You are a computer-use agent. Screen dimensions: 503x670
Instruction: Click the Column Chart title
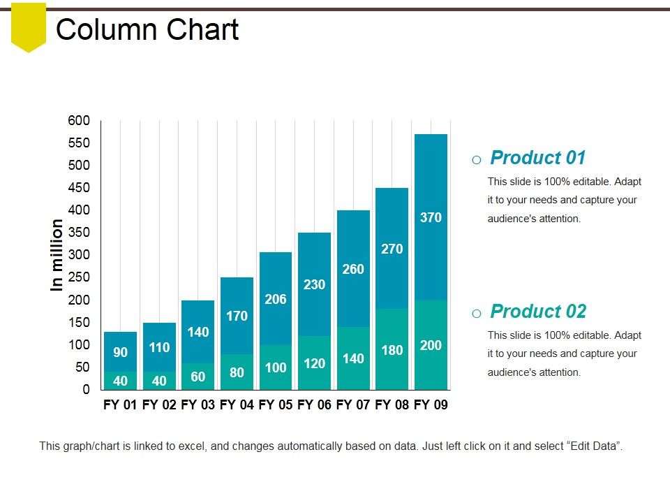[x=147, y=30]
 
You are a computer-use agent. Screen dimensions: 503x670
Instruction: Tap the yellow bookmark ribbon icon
[x=29, y=27]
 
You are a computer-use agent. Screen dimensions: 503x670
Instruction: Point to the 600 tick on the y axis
[x=79, y=121]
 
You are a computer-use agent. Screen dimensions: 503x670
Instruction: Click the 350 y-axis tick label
[x=79, y=233]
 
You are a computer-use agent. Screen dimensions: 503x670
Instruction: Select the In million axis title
[x=57, y=255]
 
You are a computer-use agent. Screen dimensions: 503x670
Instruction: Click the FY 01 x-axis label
[x=120, y=404]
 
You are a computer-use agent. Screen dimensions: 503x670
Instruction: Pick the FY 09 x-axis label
[x=431, y=404]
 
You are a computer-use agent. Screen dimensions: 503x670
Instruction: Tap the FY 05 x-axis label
[x=276, y=404]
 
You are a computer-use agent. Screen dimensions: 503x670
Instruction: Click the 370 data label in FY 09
[x=431, y=217]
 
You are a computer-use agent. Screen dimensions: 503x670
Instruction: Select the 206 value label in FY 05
[x=276, y=299]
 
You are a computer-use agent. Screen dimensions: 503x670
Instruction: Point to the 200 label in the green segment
[x=431, y=345]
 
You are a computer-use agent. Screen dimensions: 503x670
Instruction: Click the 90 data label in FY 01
[x=120, y=352]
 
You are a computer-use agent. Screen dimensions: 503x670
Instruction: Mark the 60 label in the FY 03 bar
[x=198, y=377]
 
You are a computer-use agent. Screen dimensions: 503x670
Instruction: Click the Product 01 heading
[x=537, y=158]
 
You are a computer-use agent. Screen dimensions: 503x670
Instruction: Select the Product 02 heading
[x=537, y=312]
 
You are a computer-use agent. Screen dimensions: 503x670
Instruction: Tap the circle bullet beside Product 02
[x=476, y=314]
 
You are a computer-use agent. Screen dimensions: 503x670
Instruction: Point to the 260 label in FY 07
[x=353, y=269]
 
